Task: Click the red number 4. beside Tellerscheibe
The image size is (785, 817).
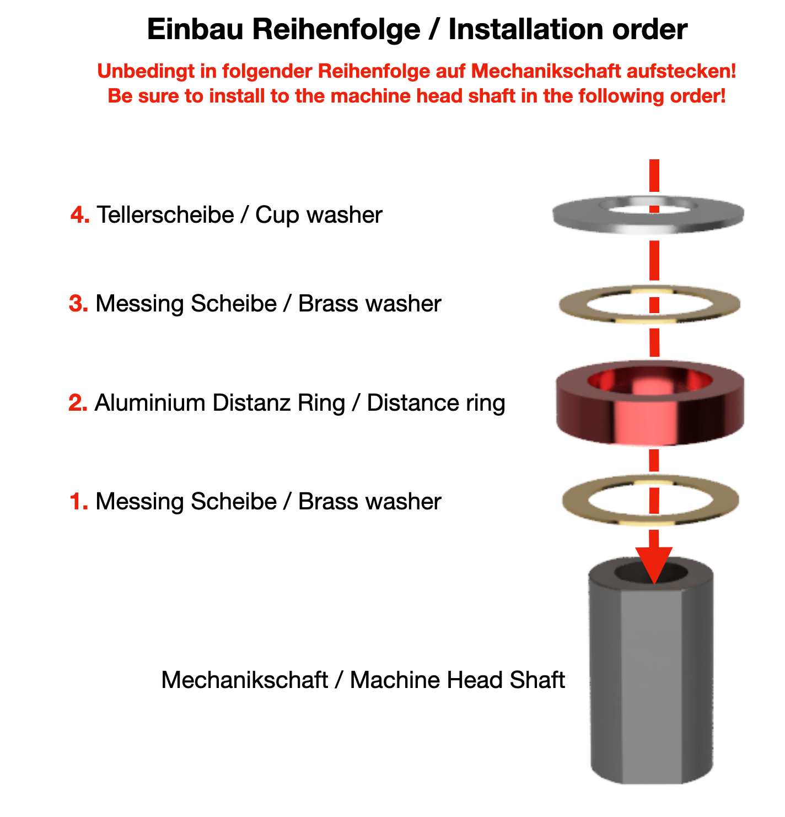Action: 80,214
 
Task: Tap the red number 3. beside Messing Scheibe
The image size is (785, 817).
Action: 78,304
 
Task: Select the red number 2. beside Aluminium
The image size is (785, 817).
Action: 78,403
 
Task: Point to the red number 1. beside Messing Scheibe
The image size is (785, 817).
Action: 79,502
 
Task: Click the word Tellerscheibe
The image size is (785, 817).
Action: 165,214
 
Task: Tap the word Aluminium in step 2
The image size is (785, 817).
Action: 150,403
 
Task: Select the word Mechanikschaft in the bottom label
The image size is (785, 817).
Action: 244,680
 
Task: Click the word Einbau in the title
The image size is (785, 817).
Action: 195,29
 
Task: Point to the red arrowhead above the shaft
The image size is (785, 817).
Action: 654,562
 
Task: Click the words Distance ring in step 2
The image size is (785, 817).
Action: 435,403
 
